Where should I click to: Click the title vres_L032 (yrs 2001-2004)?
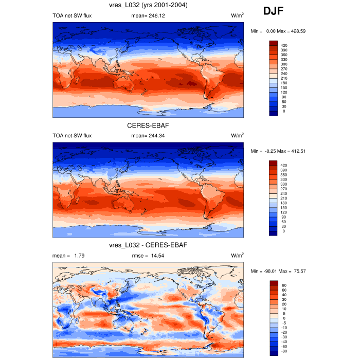[x=148, y=5]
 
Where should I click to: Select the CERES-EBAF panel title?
[x=148, y=125]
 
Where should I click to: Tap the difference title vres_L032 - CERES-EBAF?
[x=148, y=245]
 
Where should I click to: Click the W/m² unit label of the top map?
[x=237, y=15]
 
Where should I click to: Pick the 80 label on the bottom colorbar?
[x=284, y=285]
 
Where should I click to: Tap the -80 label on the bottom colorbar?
[x=285, y=351]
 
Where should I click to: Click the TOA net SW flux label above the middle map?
[x=72, y=136]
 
